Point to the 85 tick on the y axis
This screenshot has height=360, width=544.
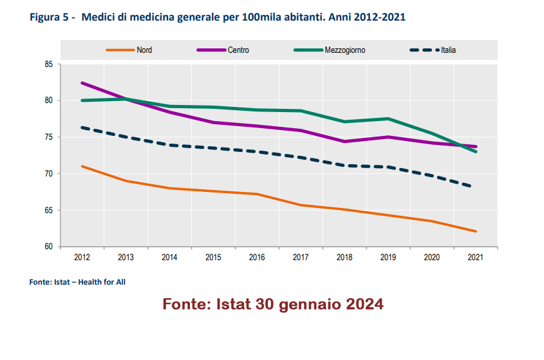coord(49,64)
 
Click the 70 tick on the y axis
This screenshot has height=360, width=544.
coord(49,174)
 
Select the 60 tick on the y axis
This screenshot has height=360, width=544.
coord(49,247)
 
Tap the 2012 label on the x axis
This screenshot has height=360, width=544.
coord(82,258)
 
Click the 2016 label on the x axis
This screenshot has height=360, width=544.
coord(257,258)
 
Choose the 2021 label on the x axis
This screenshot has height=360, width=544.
coord(475,258)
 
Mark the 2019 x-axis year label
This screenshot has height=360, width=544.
coord(388,258)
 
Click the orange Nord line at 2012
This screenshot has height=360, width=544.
coord(82,166)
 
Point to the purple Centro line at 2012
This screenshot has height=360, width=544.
coord(82,83)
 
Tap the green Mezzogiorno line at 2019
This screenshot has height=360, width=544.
coord(388,118)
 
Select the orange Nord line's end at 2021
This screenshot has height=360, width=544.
coord(475,231)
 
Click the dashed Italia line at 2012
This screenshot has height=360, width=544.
coord(82,128)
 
